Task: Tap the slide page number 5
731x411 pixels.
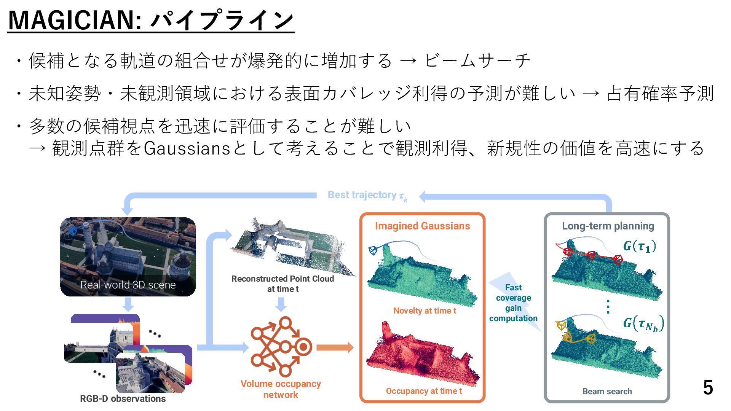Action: pos(708,387)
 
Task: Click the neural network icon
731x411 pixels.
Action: pos(281,346)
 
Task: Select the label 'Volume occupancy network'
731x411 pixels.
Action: pos(281,389)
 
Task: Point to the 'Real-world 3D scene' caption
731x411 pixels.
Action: pos(128,285)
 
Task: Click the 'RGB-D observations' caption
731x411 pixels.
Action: pos(123,398)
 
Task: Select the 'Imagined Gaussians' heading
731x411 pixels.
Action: pos(422,226)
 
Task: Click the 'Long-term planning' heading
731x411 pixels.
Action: pos(608,226)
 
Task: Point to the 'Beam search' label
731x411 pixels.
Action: pos(607,391)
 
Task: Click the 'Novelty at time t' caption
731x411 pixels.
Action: pos(425,311)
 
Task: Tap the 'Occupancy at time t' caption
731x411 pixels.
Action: pos(424,391)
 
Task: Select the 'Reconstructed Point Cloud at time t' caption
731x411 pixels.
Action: pos(283,284)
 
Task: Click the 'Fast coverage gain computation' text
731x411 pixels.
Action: pos(513,303)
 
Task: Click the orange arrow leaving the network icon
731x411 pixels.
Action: pos(335,347)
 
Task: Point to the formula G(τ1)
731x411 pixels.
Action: pos(640,246)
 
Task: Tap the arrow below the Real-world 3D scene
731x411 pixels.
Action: pos(128,304)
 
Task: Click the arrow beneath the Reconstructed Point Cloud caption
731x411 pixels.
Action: pos(281,304)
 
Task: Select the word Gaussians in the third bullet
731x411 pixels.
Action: pos(187,148)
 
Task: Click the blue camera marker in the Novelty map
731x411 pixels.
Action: pos(373,250)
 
